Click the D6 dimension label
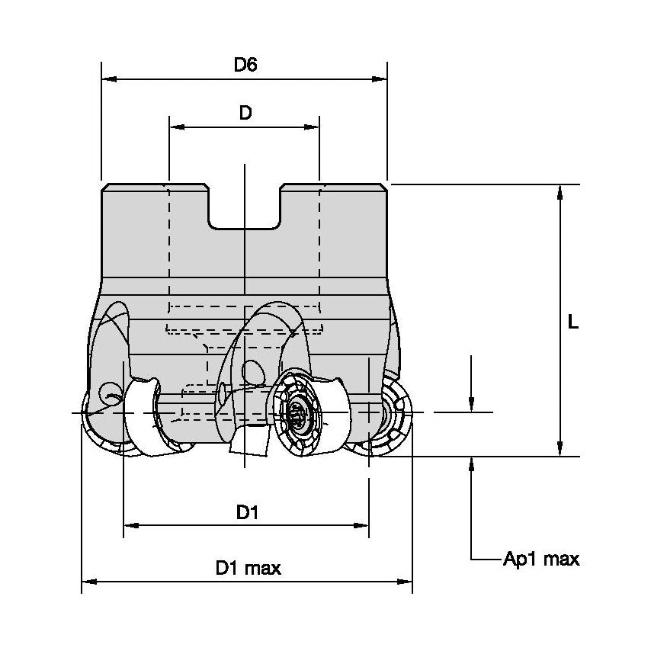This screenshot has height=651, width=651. pyautogui.click(x=245, y=65)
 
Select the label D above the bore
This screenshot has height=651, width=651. pyautogui.click(x=245, y=114)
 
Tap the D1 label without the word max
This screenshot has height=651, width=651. pyautogui.click(x=246, y=513)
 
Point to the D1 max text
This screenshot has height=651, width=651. pyautogui.click(x=249, y=568)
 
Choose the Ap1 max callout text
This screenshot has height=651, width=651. pyautogui.click(x=541, y=560)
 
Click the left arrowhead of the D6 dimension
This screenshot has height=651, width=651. pyautogui.click(x=107, y=79)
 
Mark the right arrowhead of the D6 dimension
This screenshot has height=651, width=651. pyautogui.click(x=380, y=79)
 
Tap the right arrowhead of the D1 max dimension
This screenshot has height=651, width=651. pyautogui.click(x=406, y=582)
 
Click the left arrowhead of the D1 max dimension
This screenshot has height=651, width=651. pyautogui.click(x=88, y=582)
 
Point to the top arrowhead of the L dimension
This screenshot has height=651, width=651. pyautogui.click(x=561, y=191)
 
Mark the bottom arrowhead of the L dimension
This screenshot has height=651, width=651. pyautogui.click(x=561, y=450)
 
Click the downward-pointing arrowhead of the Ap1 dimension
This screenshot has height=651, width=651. pyautogui.click(x=473, y=405)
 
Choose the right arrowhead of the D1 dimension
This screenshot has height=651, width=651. pyautogui.click(x=363, y=525)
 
